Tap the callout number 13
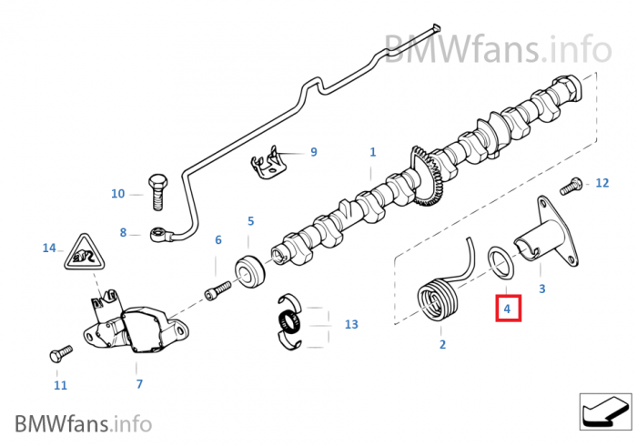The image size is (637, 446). click(x=351, y=324)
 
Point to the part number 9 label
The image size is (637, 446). click(x=313, y=152)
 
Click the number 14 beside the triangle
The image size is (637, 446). click(x=49, y=248)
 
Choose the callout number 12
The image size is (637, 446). click(x=602, y=183)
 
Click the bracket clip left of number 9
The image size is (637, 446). click(x=269, y=165)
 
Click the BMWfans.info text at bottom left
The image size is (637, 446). click(x=83, y=423)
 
